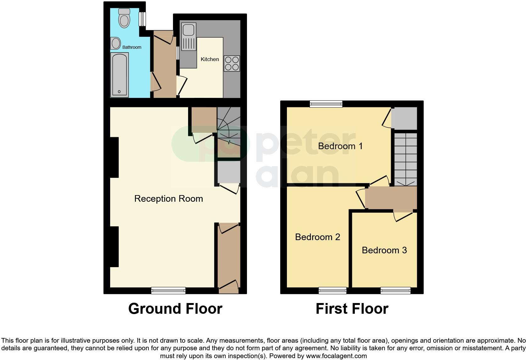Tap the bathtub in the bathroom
click(x=119, y=75)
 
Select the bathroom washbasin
click(x=115, y=43)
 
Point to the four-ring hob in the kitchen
click(x=232, y=63)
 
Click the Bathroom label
click(x=132, y=47)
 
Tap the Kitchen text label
click(x=210, y=59)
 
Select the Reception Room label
click(x=168, y=199)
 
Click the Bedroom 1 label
click(x=340, y=146)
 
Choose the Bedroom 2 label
click(x=317, y=237)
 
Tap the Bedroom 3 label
click(x=384, y=250)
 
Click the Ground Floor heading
click(x=175, y=309)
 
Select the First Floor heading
click(x=352, y=309)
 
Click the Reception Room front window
click(x=168, y=290)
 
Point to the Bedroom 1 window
click(x=326, y=104)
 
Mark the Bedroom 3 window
click(x=395, y=290)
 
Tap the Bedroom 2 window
click(x=333, y=290)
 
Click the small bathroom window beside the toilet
click(x=143, y=19)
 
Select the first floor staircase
click(x=406, y=159)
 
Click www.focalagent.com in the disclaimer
click(x=336, y=356)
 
